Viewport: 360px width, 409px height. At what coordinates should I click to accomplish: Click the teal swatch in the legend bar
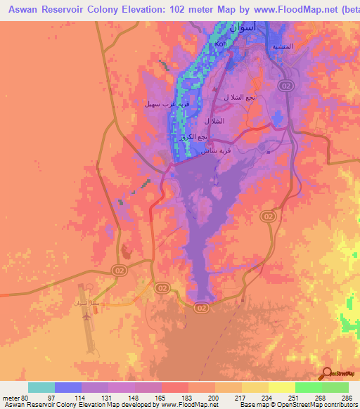(41, 387)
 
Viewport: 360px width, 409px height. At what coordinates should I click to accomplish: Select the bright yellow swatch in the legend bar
(281, 387)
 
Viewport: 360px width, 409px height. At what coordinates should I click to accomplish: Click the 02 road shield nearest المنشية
(285, 85)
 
